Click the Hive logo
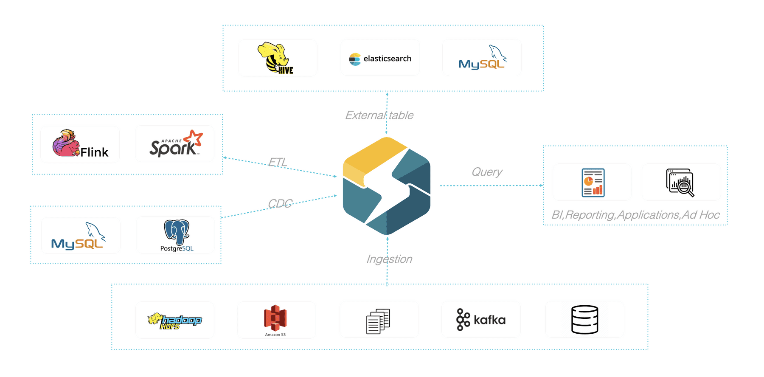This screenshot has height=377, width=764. [x=276, y=58]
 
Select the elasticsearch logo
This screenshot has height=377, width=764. [x=380, y=59]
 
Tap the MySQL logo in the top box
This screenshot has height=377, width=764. [x=483, y=58]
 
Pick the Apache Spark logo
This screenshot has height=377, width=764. [x=175, y=144]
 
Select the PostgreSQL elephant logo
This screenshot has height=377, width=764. [x=177, y=235]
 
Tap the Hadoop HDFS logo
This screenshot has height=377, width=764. [x=174, y=321]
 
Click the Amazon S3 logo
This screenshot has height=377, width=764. [x=275, y=319]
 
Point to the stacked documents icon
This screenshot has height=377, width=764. [x=378, y=321]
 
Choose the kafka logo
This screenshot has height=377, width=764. [x=481, y=320]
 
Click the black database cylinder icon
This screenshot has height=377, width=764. [x=584, y=320]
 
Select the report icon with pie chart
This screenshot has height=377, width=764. [x=593, y=183]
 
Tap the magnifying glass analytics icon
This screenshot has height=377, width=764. [x=680, y=183]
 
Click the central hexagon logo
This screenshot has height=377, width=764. [x=387, y=186]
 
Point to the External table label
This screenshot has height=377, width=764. [x=379, y=115]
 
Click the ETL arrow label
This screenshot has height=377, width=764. [x=278, y=162]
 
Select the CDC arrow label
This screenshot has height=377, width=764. [x=280, y=204]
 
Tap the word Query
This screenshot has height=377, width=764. [x=487, y=172]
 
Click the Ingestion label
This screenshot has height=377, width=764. [x=389, y=259]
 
